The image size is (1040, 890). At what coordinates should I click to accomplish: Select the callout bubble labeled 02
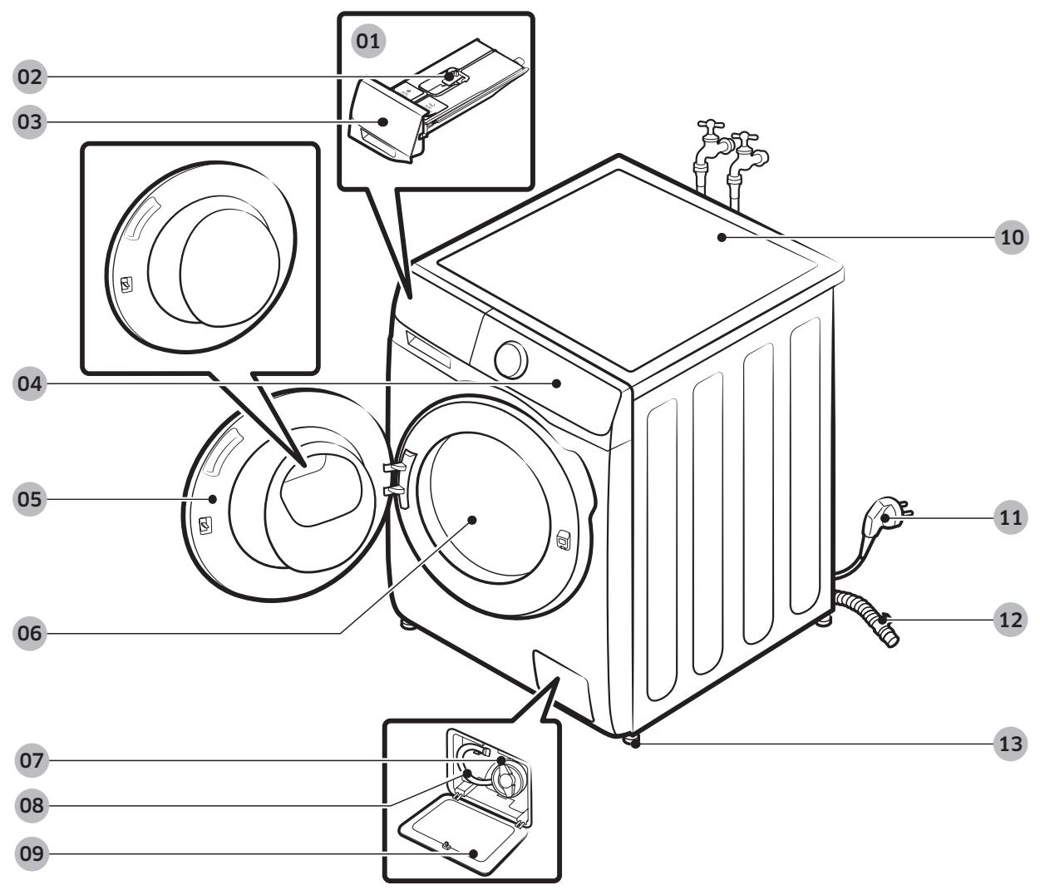[x=30, y=77]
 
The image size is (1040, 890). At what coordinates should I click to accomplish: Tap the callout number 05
[x=30, y=500]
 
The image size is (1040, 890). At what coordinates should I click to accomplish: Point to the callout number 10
[x=1011, y=237]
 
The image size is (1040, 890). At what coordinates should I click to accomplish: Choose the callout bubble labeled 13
[x=1011, y=744]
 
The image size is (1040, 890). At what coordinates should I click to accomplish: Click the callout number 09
[x=30, y=854]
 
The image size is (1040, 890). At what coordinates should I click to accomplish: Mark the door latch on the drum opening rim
[x=563, y=541]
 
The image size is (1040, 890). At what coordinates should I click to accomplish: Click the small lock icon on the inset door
[x=126, y=285]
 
